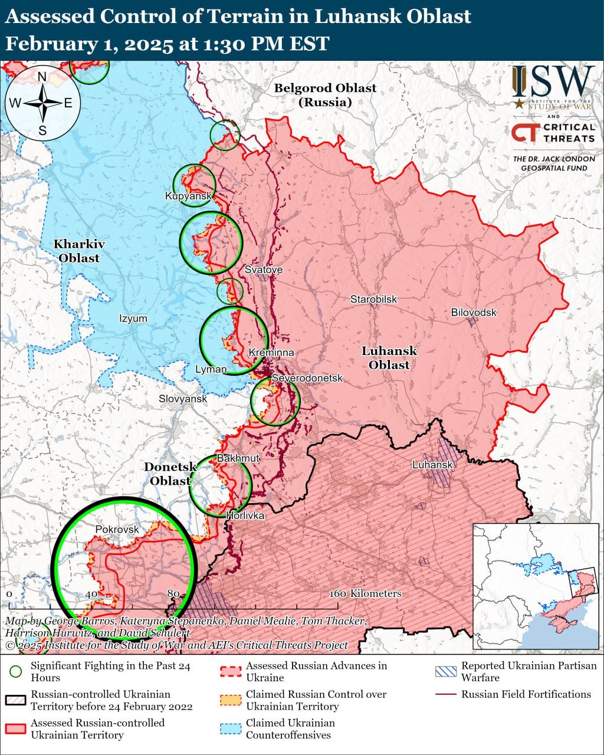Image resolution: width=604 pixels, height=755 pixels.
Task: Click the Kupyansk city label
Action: pos(188,196)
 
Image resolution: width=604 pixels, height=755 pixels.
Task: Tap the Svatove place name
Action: pos(264,270)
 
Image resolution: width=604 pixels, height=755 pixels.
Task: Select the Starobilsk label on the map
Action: pos(373,299)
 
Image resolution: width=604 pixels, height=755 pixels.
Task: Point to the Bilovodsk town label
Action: pos(474,312)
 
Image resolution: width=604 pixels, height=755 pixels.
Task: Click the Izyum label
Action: pos(133,319)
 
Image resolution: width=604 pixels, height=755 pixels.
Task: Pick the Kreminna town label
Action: pos(271,352)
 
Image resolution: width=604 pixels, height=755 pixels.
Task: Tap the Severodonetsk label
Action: pos(307,377)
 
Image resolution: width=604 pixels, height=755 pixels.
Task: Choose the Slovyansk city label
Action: pos(183,399)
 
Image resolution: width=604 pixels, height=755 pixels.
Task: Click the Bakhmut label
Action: pos(238,458)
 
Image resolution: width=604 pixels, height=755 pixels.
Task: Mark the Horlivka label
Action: pos(245,516)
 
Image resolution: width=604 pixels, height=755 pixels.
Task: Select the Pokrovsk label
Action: pos(117,529)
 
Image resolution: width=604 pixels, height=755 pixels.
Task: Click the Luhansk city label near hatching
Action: pos(432,465)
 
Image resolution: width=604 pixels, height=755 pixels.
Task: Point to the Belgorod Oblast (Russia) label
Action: pos(325,95)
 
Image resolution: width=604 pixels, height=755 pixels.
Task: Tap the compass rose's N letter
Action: pos(42,77)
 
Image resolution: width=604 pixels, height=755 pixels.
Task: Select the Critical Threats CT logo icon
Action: pos(524,133)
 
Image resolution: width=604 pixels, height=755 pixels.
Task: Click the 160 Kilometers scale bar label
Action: pos(366,593)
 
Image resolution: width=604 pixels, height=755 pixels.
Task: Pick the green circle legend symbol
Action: pos(16,671)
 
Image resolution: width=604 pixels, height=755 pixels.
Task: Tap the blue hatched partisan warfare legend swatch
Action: pos(445,671)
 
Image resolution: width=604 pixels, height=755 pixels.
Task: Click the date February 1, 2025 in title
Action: pos(88,44)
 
